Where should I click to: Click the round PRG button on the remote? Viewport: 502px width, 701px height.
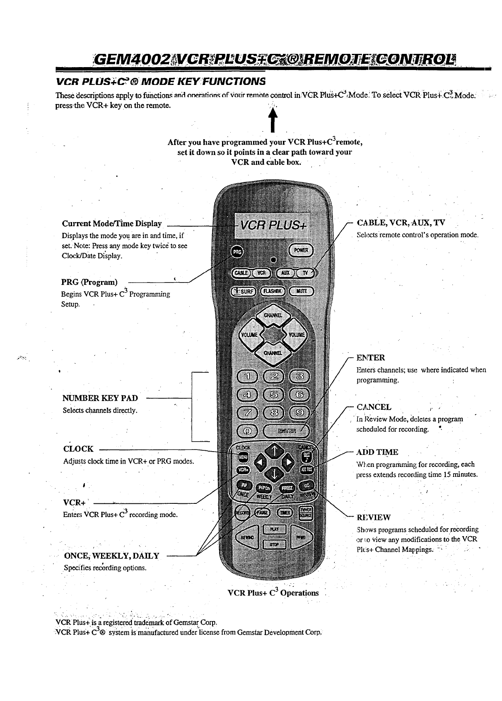click(237, 251)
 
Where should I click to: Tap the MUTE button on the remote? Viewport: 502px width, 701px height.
click(302, 291)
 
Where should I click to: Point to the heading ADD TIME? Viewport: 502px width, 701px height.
click(377, 452)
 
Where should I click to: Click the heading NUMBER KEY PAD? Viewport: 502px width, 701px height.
click(100, 398)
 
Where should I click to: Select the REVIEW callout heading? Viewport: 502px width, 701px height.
click(374, 517)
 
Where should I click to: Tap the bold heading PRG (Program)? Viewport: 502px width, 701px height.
click(89, 283)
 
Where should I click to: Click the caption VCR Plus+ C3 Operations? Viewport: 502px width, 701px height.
click(273, 592)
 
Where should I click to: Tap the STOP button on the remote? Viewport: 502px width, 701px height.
click(274, 544)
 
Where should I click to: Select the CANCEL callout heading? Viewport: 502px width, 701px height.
click(374, 407)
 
